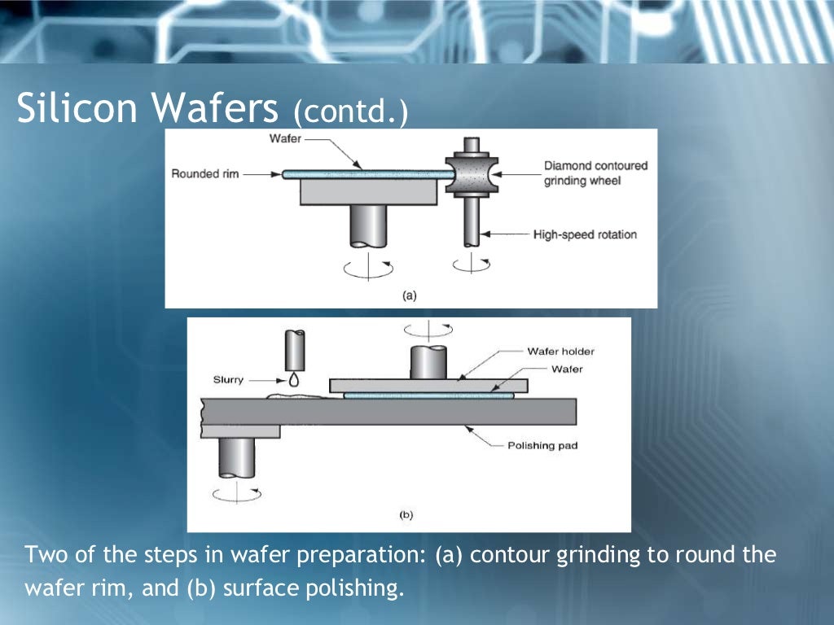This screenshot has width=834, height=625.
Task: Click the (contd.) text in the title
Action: [x=350, y=111]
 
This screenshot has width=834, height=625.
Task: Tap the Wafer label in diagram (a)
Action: [x=285, y=139]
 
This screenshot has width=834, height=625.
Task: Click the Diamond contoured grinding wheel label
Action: [x=595, y=173]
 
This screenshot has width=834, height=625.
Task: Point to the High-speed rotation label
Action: [x=585, y=235]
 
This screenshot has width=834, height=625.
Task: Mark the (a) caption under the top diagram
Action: [x=409, y=295]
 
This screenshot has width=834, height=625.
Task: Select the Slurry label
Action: [x=228, y=380]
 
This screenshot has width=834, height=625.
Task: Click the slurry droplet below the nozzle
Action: [x=293, y=380]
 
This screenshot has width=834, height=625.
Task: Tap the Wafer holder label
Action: [x=560, y=352]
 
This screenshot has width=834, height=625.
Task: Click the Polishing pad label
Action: [x=542, y=445]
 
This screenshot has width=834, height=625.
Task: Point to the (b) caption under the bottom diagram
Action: [x=406, y=514]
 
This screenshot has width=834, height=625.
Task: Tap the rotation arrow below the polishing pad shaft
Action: [x=236, y=493]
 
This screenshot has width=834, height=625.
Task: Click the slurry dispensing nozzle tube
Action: [x=293, y=350]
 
